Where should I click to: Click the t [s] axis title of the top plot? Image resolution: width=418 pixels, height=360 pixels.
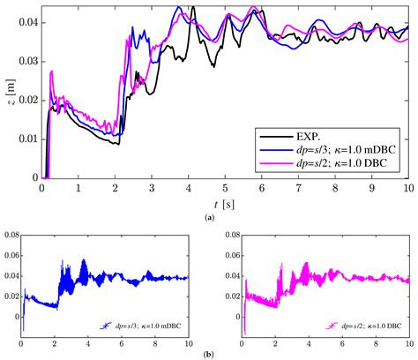[x=223, y=202]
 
